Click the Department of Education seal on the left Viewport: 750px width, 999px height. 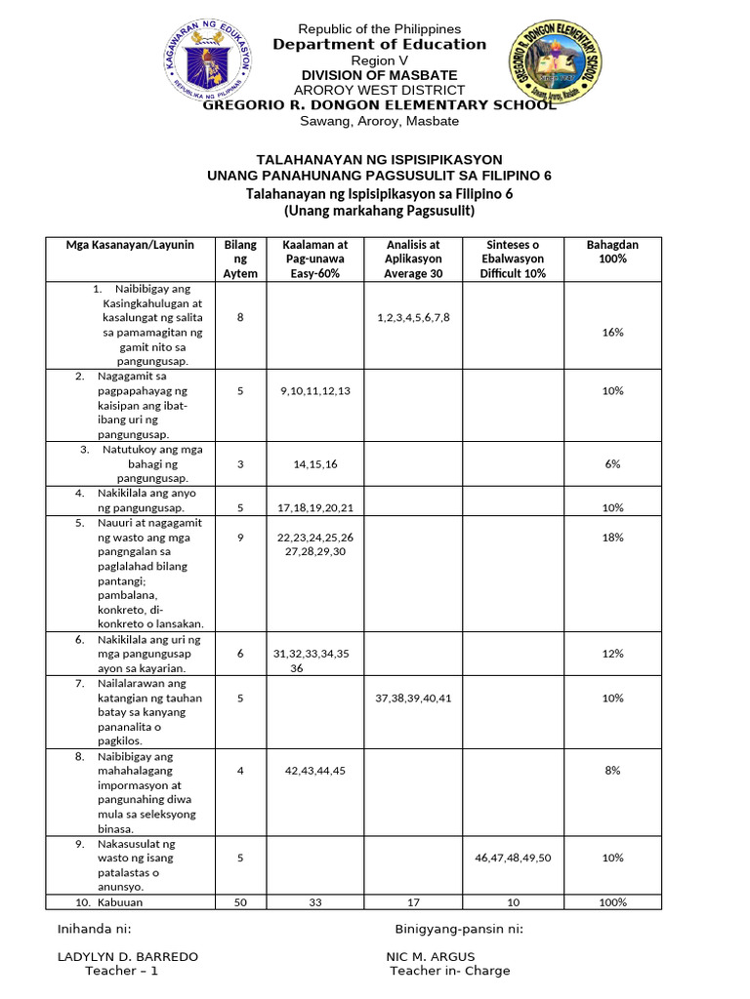click(x=209, y=60)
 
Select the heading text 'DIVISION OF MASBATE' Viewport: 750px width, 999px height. click(x=379, y=75)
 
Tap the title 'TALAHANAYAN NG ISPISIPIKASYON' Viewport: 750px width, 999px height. click(x=379, y=159)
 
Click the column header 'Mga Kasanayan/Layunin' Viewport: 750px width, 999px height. click(x=130, y=245)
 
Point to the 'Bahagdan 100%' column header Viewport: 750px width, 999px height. click(x=612, y=252)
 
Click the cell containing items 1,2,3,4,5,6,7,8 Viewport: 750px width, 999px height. click(x=413, y=318)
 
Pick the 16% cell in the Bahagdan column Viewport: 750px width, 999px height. click(x=612, y=332)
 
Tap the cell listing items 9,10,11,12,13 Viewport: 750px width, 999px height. click(x=314, y=390)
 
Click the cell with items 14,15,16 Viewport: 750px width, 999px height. click(x=314, y=463)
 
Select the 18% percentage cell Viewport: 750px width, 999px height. click(x=612, y=537)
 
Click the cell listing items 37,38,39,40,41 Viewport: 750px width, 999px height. click(x=413, y=698)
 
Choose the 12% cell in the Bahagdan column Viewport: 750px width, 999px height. click(x=612, y=654)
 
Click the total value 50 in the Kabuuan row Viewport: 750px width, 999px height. click(x=240, y=902)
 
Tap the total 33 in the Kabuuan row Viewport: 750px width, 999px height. click(x=314, y=902)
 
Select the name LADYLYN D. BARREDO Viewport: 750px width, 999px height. click(x=128, y=956)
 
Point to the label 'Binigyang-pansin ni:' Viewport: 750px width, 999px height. click(x=459, y=928)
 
